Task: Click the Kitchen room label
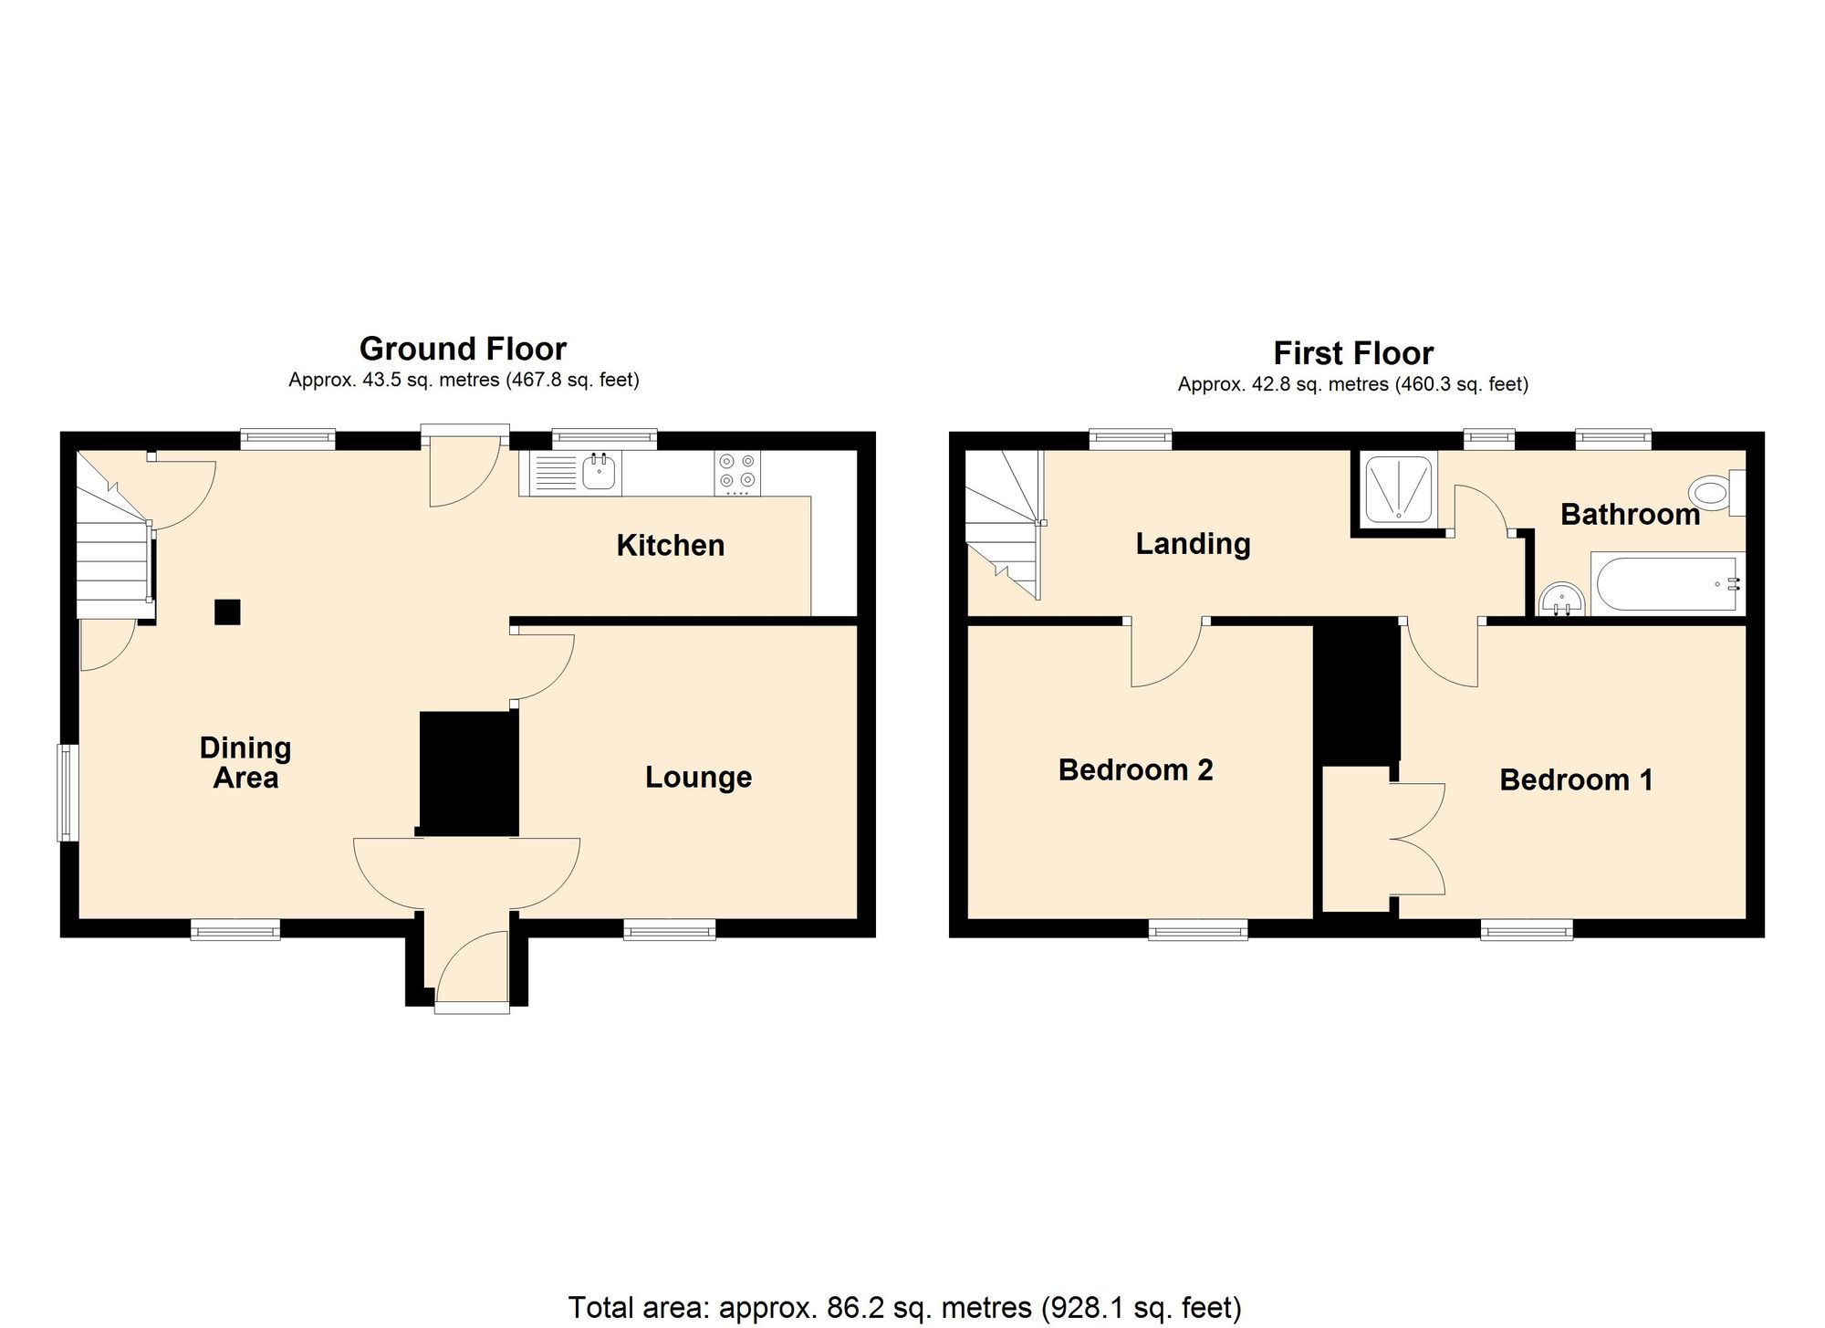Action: click(x=670, y=545)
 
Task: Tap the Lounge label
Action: click(x=698, y=777)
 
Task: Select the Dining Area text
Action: click(x=245, y=762)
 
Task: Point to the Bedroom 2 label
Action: click(x=1135, y=769)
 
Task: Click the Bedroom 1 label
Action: click(x=1576, y=779)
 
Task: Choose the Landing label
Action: click(x=1193, y=543)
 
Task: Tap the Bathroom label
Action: click(x=1630, y=514)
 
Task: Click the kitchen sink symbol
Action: click(x=598, y=473)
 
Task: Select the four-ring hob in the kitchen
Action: click(x=737, y=472)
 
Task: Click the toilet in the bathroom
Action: click(x=1714, y=494)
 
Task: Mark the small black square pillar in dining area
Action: click(x=227, y=612)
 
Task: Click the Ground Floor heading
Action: click(x=463, y=349)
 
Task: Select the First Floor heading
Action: click(x=1352, y=353)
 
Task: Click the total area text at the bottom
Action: click(x=904, y=1307)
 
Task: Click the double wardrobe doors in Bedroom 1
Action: click(x=1417, y=838)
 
